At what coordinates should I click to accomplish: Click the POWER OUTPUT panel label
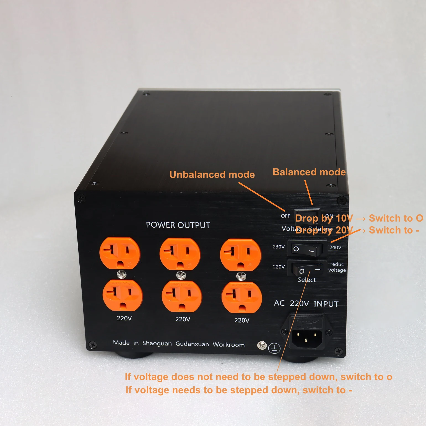pyautogui.click(x=178, y=225)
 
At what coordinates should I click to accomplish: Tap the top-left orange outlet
pyautogui.click(x=120, y=253)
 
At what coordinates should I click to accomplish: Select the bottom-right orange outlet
pyautogui.click(x=241, y=297)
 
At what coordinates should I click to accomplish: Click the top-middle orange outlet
pyautogui.click(x=180, y=254)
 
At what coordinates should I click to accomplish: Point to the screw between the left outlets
pyautogui.click(x=122, y=274)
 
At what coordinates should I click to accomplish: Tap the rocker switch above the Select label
pyautogui.click(x=306, y=269)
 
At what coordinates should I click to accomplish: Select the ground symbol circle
pyautogui.click(x=274, y=348)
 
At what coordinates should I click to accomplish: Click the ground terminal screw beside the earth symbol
pyautogui.click(x=262, y=345)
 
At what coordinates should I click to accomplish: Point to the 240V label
pyautogui.click(x=335, y=247)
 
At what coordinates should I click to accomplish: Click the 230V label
pyautogui.click(x=279, y=247)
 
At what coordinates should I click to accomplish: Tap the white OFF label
pyautogui.click(x=285, y=216)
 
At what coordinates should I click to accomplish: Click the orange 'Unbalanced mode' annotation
pyautogui.click(x=212, y=175)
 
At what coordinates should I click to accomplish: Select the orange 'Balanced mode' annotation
pyautogui.click(x=309, y=172)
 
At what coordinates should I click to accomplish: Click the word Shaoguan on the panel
pyautogui.click(x=157, y=343)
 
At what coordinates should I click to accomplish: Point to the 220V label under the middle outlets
pyautogui.click(x=183, y=319)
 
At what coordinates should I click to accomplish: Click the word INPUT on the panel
pyautogui.click(x=326, y=304)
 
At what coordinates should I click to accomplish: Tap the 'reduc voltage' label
pyautogui.click(x=337, y=267)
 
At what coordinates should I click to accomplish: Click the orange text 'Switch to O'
pyautogui.click(x=396, y=218)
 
